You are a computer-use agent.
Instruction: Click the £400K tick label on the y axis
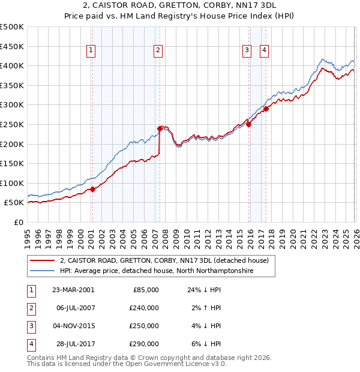point(12,65)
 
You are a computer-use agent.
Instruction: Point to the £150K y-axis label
point(12,163)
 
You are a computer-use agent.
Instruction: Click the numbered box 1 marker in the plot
point(91,51)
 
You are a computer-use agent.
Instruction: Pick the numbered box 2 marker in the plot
point(158,51)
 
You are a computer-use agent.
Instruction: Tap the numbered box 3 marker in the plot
point(247,51)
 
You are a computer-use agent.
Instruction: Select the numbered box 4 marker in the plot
point(264,51)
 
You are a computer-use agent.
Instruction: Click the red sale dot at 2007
point(160,128)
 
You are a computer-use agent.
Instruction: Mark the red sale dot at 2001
point(93,189)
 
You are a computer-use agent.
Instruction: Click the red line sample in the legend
point(42,260)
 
